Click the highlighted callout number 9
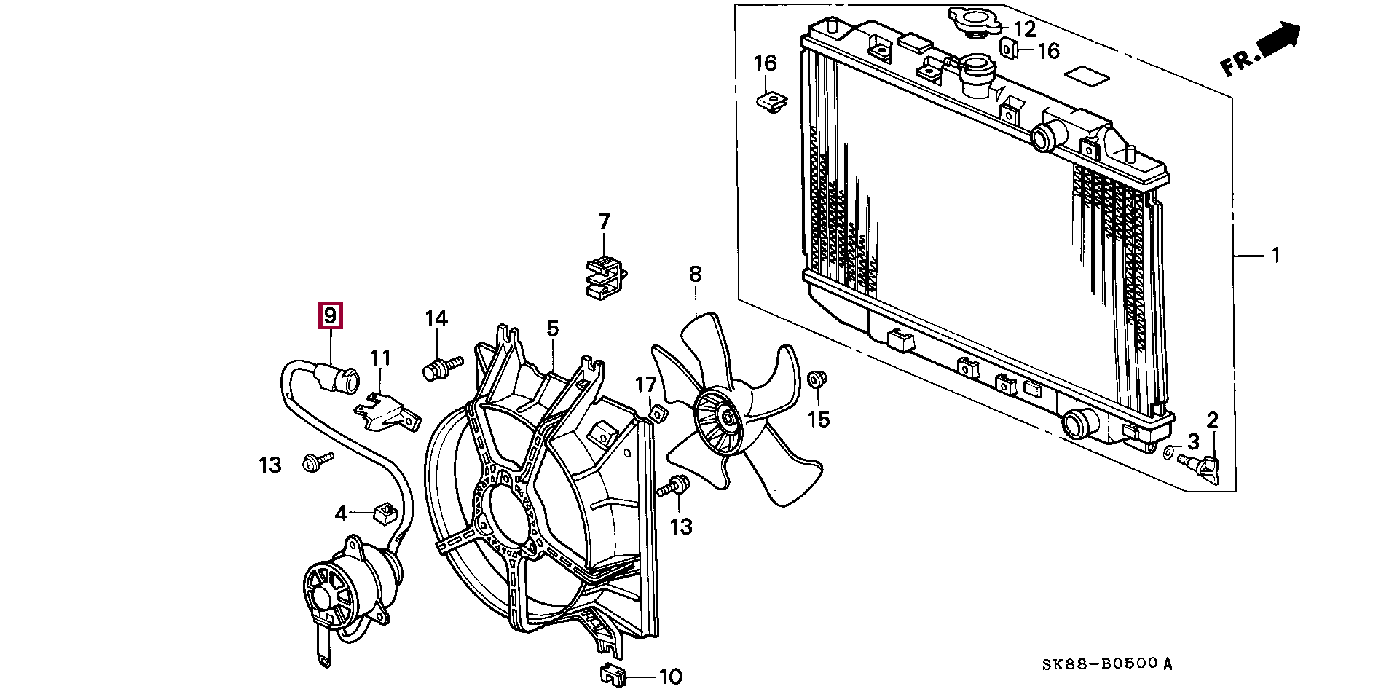[x=330, y=316]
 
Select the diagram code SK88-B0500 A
[x=1106, y=664]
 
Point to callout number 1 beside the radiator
[x=1275, y=256]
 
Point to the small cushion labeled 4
[x=383, y=512]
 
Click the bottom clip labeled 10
[x=614, y=677]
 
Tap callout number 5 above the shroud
[x=552, y=328]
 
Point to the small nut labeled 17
[x=657, y=414]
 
